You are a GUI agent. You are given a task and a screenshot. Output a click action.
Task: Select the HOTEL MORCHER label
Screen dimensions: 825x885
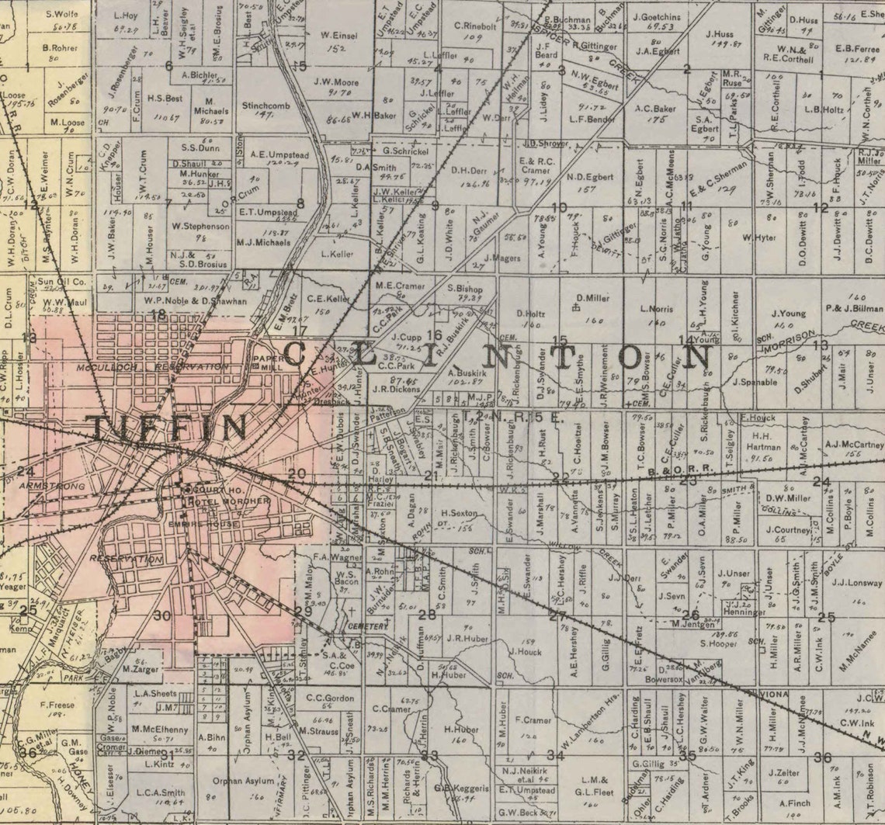click(227, 501)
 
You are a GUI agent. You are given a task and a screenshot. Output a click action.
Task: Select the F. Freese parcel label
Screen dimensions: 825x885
click(57, 705)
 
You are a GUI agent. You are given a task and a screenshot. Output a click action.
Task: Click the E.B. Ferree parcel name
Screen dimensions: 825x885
click(856, 48)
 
